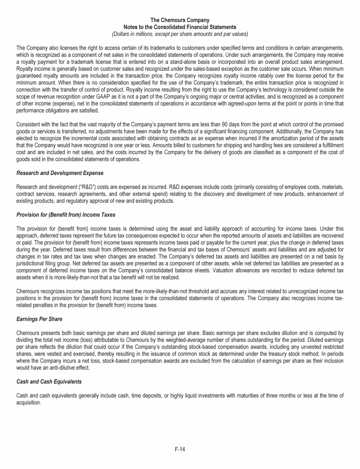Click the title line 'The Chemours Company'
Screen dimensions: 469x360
point(180,20)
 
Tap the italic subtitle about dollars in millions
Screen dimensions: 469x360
point(180,34)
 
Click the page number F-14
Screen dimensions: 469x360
point(180,449)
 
